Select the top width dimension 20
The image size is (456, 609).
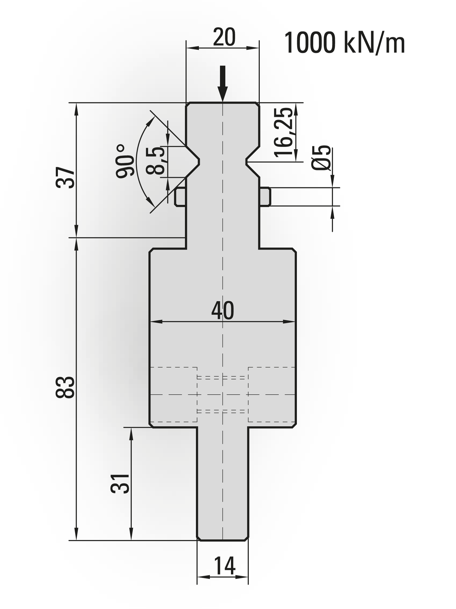tap(224, 37)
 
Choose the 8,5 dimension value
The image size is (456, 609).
tap(155, 161)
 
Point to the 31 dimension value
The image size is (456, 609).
tap(120, 483)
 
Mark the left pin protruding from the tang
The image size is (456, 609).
tap(180, 197)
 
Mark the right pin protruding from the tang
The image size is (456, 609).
tap(265, 197)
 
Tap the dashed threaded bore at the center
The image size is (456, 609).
tap(222, 394)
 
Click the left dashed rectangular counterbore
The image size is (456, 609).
tap(174, 394)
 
